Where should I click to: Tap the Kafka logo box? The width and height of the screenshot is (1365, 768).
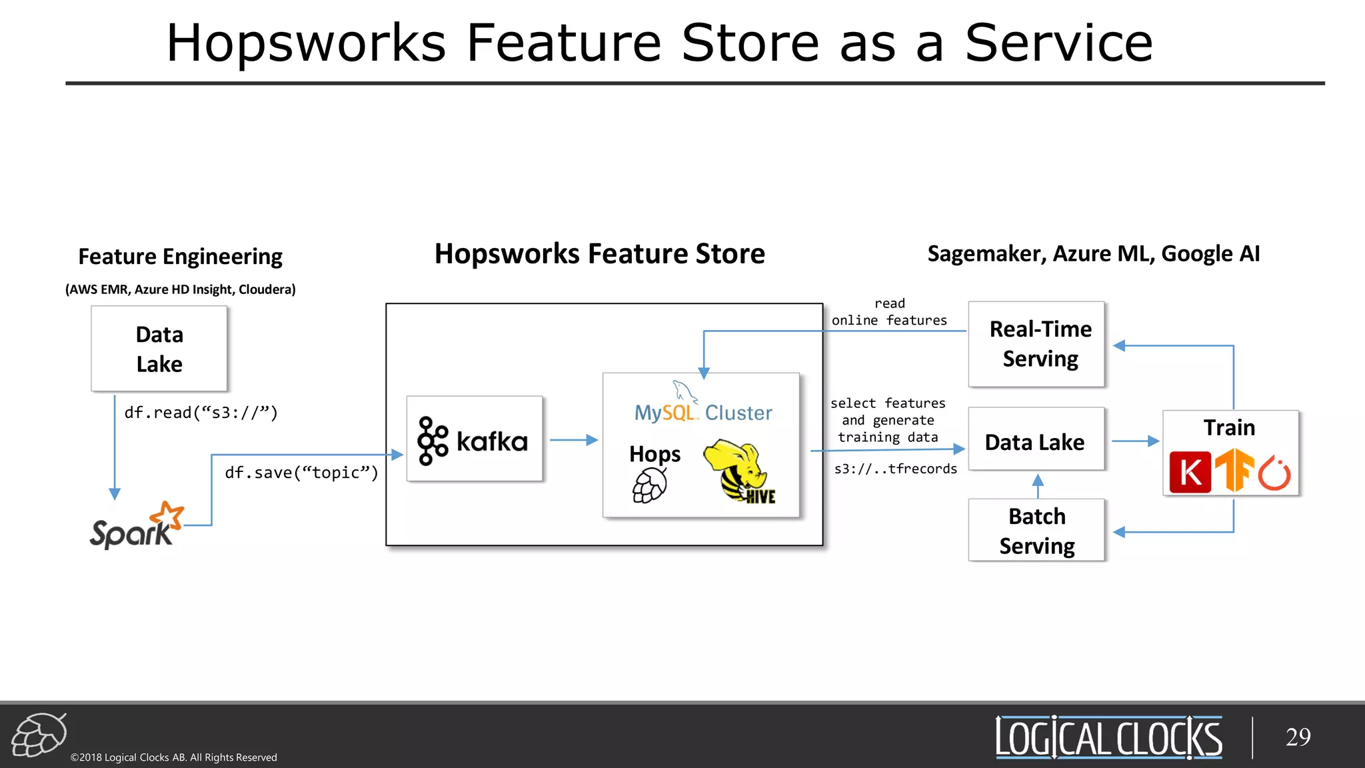point(475,439)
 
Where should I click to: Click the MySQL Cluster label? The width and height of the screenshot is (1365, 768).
point(703,413)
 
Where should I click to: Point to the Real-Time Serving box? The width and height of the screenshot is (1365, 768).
point(1036,344)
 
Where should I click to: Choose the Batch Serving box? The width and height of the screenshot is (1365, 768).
point(1036,531)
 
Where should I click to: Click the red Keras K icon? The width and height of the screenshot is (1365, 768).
point(1190,472)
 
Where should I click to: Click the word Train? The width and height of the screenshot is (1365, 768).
point(1229,427)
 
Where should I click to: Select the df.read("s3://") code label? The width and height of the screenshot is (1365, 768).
point(201,413)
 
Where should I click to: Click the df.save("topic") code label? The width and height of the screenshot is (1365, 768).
point(301,473)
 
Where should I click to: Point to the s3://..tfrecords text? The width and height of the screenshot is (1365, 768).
point(895,469)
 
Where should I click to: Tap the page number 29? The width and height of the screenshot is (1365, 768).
point(1298,737)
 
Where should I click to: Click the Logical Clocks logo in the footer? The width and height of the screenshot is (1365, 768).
point(1108,737)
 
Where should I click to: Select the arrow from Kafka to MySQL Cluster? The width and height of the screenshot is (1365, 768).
point(573,440)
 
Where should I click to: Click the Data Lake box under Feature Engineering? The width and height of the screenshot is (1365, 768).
point(159,349)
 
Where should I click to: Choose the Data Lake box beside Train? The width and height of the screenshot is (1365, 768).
point(1035,441)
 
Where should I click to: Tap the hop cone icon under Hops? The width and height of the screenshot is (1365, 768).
point(649,485)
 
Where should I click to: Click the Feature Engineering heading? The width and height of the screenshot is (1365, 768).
point(180,257)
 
